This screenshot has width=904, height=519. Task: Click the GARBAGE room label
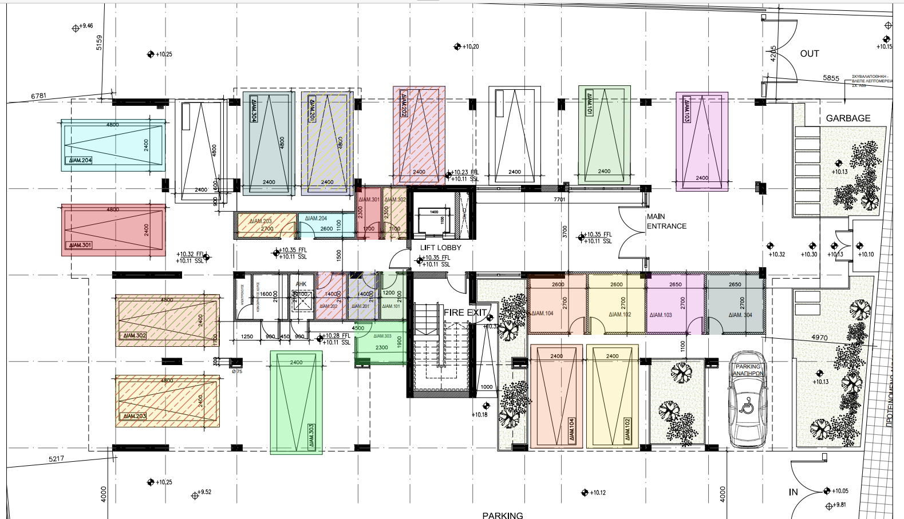pos(848,118)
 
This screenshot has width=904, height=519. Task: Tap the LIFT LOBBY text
pos(440,248)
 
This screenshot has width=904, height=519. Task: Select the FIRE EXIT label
pos(465,312)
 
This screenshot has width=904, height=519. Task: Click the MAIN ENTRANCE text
pos(666,221)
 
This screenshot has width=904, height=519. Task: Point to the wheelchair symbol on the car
pos(748,405)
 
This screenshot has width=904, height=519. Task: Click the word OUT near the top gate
pos(809,54)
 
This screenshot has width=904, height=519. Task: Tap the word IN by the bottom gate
pos(793,492)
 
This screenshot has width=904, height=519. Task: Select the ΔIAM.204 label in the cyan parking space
pos(80,160)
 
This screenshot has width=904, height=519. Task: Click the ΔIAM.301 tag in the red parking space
pos(80,245)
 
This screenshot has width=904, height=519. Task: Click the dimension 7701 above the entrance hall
pos(559,200)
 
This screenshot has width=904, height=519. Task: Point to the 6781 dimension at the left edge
pos(38,96)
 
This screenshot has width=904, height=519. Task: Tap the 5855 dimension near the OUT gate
pos(831,78)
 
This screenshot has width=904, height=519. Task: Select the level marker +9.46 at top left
pos(86,26)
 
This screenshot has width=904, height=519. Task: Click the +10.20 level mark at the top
pos(471,47)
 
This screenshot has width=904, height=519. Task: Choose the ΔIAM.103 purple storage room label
pos(661,315)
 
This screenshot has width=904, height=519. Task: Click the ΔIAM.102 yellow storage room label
pos(619,315)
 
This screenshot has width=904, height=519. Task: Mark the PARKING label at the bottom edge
pos(502,515)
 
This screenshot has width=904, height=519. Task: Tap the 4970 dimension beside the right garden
pos(819,338)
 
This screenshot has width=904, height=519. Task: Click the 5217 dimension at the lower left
pos(56,459)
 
